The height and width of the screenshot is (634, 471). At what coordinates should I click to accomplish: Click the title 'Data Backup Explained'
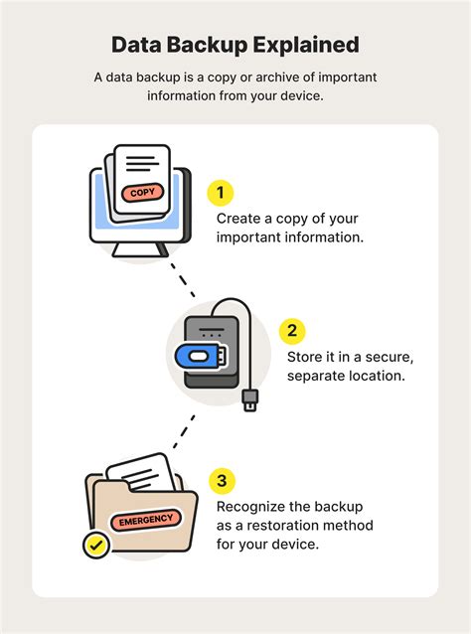coord(235,45)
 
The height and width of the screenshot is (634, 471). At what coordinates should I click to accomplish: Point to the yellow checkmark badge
coord(96,544)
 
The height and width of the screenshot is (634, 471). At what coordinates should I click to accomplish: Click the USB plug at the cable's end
coord(251,399)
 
